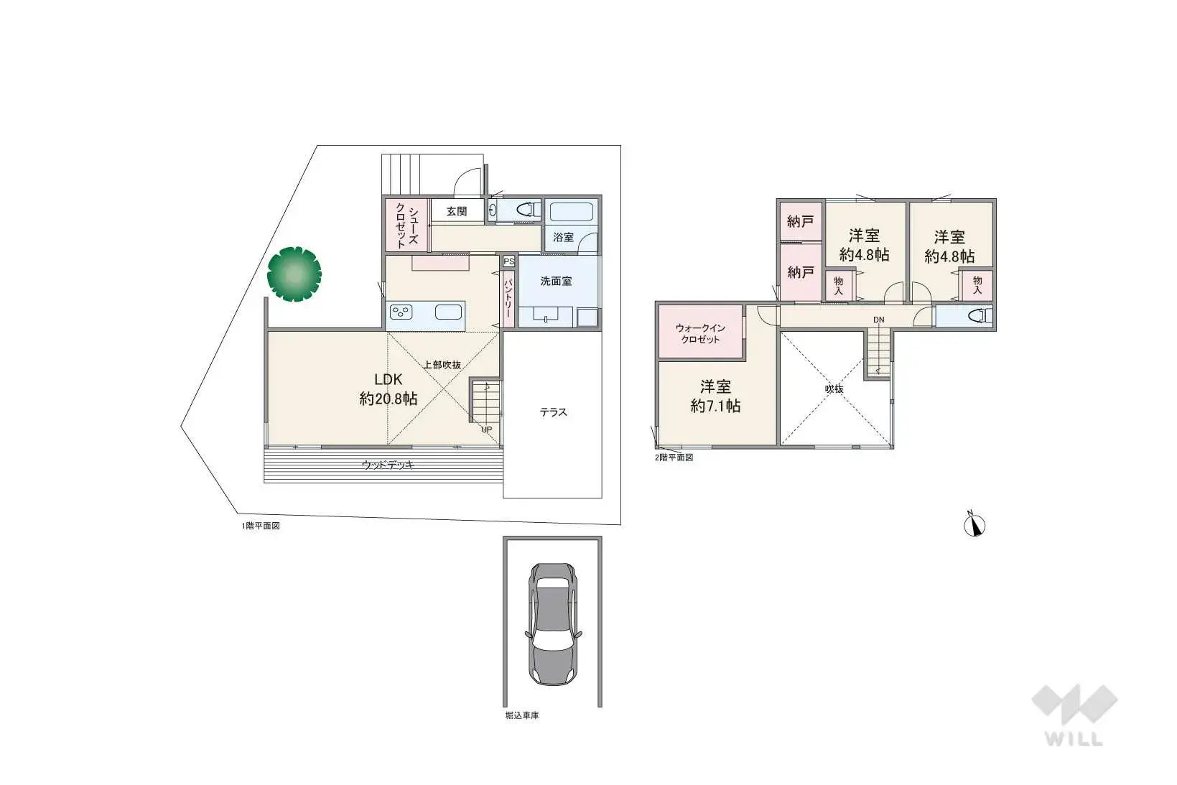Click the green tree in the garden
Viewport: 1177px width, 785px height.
(294, 274)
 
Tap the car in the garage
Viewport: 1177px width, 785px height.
(553, 624)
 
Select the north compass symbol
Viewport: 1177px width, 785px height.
(974, 525)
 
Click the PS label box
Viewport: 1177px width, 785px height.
(508, 261)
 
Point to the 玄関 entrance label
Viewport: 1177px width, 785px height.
(457, 211)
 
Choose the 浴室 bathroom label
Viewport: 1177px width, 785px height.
(563, 237)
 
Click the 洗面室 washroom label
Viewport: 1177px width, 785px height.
(556, 281)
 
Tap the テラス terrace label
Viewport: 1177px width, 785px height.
(553, 412)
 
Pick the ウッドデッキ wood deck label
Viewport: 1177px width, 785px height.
(388, 465)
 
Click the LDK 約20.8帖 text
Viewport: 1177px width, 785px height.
(389, 389)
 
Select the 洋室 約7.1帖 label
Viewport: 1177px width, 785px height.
(716, 396)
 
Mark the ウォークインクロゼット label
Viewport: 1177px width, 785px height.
(700, 334)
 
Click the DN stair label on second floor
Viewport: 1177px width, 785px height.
(878, 320)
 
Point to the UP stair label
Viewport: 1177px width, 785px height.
(487, 429)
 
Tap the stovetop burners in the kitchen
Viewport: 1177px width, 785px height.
(401, 312)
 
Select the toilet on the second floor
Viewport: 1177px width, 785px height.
(980, 316)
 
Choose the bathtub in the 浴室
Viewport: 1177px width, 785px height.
(571, 213)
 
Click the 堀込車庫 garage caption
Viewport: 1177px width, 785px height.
(522, 715)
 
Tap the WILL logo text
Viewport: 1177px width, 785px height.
(1074, 739)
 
